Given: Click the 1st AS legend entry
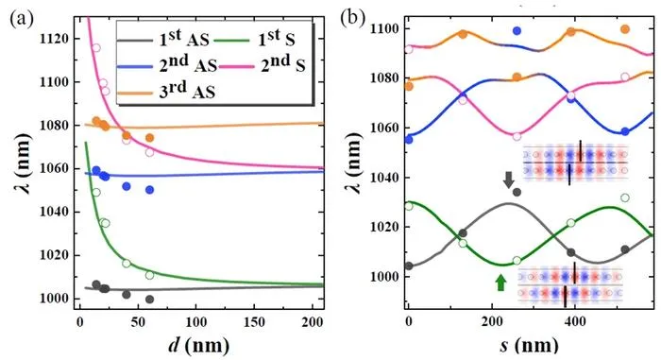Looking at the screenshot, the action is point(163,39).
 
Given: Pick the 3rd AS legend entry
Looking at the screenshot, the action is point(166,91).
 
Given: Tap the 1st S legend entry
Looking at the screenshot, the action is point(254,39).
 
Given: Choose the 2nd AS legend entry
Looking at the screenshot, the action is point(167,65).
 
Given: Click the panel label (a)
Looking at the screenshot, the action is point(22,19).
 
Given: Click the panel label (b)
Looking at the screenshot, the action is point(352,19).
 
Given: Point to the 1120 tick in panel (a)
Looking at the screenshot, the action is point(54,39).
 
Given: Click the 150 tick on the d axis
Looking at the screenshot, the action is point(254,322).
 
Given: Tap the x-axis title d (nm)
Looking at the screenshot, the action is point(199,345).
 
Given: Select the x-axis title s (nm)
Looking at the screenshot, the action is point(530,345).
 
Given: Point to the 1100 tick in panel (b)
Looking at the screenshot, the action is point(384,28).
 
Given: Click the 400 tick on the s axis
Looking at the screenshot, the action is point(575,321).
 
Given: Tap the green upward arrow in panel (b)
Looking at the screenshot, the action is point(500,283).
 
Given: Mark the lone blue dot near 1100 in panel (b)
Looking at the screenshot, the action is point(517,30).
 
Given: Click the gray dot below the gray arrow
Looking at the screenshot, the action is point(517,192).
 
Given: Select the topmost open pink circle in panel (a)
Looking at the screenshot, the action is point(96,47).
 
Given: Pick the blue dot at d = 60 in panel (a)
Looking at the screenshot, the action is point(149,190).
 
